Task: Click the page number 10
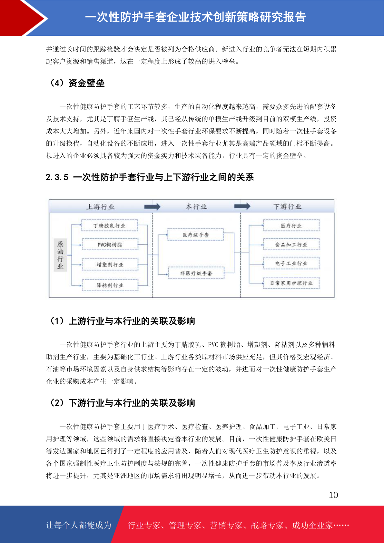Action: coord(333,495)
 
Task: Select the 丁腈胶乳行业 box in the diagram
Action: coord(110,225)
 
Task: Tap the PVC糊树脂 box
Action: coord(110,244)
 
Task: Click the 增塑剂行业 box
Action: coord(110,264)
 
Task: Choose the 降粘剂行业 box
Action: coord(110,285)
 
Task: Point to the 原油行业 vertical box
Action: coord(60,255)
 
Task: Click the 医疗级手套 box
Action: coord(196,235)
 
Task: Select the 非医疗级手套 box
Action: coord(196,273)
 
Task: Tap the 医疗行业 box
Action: coord(291,225)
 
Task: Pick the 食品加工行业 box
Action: coord(291,244)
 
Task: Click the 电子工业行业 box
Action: coord(291,263)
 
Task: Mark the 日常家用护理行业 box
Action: coord(291,283)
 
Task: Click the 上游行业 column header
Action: coord(100,207)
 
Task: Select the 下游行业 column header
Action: coord(287,206)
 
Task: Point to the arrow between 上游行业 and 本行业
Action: coord(152,207)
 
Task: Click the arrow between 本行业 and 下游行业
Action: coord(242,206)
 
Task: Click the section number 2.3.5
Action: coord(57,177)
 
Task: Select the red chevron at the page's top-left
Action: coord(23,18)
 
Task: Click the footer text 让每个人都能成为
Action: coord(79,525)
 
